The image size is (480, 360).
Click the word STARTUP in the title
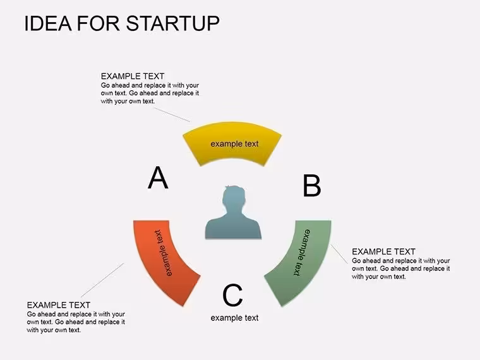click(172, 23)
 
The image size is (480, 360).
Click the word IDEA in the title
click(48, 23)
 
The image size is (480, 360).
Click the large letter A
click(158, 178)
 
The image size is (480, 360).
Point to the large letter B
click(311, 186)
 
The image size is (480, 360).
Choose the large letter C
click(232, 295)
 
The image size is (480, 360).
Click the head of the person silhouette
click(234, 198)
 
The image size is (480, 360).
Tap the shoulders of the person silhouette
click(233, 228)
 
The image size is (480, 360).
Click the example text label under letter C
click(234, 318)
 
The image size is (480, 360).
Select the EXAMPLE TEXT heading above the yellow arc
click(133, 76)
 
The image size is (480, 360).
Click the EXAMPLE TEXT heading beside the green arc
click(383, 251)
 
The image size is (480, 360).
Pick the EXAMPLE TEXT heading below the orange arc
click(59, 305)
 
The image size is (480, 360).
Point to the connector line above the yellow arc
click(172, 114)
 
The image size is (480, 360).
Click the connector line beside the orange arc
click(102, 280)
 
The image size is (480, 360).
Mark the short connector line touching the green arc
click(339, 254)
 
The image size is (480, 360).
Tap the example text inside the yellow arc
click(234, 143)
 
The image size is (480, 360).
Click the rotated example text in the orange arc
click(163, 253)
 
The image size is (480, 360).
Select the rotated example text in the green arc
click(302, 253)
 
